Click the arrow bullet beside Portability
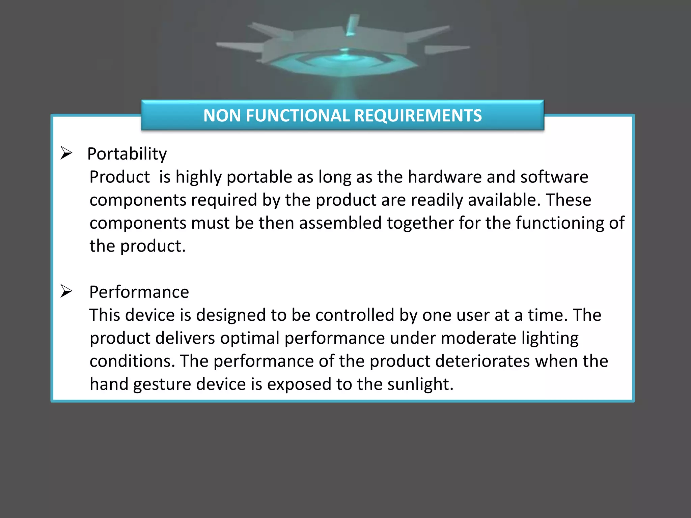tap(66, 153)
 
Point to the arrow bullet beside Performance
tap(66, 291)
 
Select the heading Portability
tap(127, 154)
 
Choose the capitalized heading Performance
tap(139, 292)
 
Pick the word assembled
tap(340, 223)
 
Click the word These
tap(569, 200)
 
